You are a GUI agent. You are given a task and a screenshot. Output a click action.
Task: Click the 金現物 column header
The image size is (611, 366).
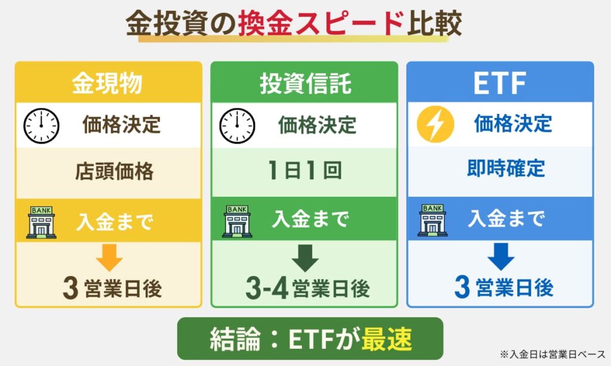[107, 84]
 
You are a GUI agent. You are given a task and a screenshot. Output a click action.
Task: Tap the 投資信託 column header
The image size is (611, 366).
[305, 84]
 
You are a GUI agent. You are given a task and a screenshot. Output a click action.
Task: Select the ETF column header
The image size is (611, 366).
[499, 84]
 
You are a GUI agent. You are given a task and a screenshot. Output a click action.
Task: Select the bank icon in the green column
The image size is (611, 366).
[237, 221]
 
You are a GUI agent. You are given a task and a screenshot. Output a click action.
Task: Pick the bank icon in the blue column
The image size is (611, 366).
[433, 220]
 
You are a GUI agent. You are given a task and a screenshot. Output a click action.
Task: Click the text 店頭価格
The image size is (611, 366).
[115, 172]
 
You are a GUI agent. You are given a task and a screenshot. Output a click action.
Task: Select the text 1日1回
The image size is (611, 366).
[304, 171]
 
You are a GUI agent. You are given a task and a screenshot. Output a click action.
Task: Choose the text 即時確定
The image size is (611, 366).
[506, 169]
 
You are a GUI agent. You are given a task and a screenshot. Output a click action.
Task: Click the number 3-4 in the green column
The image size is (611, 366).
[267, 289]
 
